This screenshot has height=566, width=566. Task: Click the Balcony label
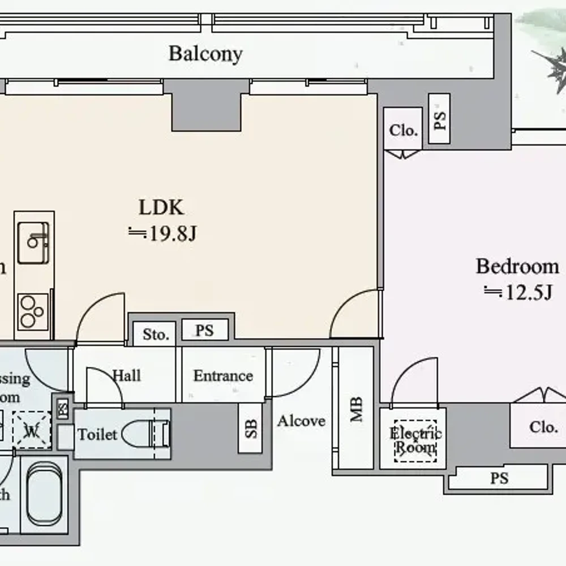[x=205, y=54]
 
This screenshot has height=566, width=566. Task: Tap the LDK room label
[x=161, y=208]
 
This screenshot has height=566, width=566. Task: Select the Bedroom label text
[x=517, y=266]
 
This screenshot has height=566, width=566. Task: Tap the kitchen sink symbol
[x=33, y=243]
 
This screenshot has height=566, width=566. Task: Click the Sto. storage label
[x=156, y=335]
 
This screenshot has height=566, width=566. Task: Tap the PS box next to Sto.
[x=205, y=330]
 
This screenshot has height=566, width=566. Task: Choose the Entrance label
[x=223, y=376]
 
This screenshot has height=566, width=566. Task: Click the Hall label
[x=127, y=375]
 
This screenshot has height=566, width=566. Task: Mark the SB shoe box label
[x=251, y=428]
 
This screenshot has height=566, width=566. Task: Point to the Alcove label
[x=301, y=421]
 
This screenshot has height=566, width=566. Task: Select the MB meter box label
[x=356, y=410]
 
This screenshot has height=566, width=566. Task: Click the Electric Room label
[x=415, y=441]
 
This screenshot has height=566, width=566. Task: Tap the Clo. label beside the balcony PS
[x=403, y=131]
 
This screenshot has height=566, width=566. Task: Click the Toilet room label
[x=97, y=435]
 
